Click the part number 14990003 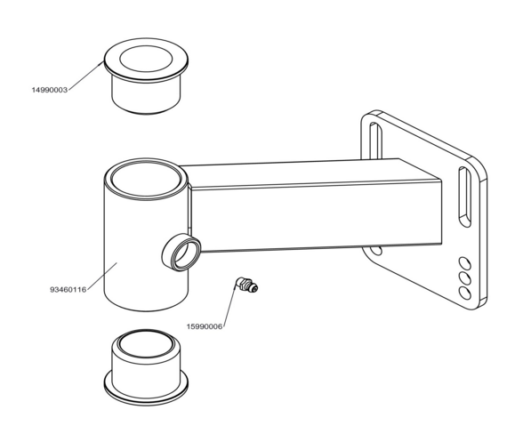pyautogui.click(x=50, y=90)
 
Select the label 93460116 pyautogui.click(x=68, y=290)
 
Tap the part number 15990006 pyautogui.click(x=205, y=326)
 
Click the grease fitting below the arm pyautogui.click(x=247, y=285)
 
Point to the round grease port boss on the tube pyautogui.click(x=181, y=252)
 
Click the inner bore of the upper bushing pyautogui.click(x=146, y=59)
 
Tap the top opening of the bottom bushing pyautogui.click(x=146, y=344)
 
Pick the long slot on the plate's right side pyautogui.click(x=464, y=197)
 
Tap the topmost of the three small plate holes pyautogui.click(x=464, y=263)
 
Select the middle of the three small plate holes pyautogui.click(x=464, y=278)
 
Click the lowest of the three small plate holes pyautogui.click(x=464, y=293)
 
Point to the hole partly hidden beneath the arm pyautogui.click(x=376, y=251)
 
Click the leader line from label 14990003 pyautogui.click(x=85, y=76)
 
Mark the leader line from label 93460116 pyautogui.click(x=101, y=276)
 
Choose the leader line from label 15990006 pyautogui.click(x=229, y=304)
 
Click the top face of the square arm pyautogui.click(x=310, y=173)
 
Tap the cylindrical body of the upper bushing pyautogui.click(x=146, y=95)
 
